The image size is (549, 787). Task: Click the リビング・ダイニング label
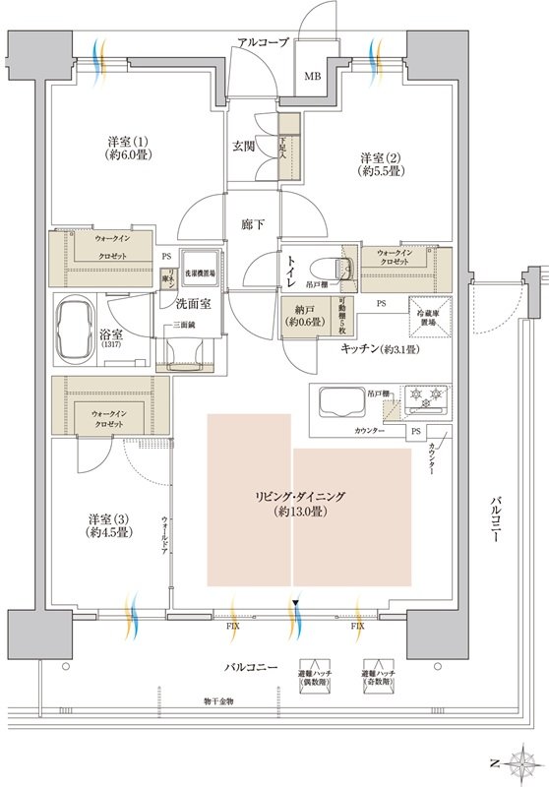308,503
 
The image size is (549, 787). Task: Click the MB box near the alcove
312,75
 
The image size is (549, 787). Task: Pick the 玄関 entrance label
244,147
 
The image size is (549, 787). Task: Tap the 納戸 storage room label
301,314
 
